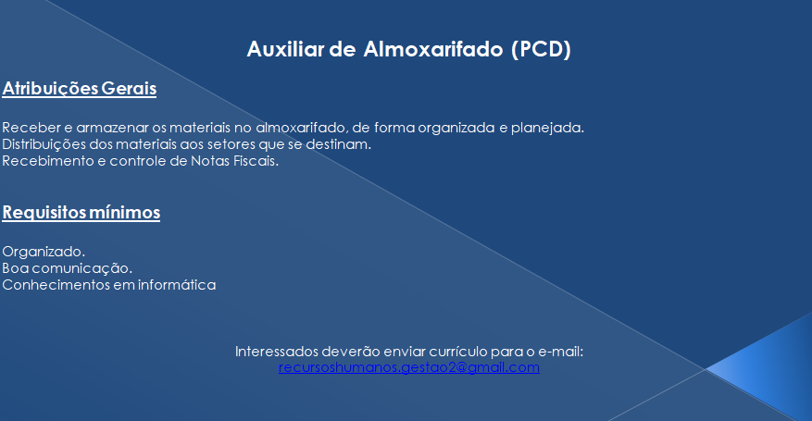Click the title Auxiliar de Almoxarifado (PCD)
pos(408,50)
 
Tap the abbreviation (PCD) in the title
pos(541,50)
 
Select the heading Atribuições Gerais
pos(80,89)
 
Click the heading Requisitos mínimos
pos(81,213)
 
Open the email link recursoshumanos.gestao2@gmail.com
pos(409,367)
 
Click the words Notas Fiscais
pos(234,161)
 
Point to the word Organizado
pos(44,252)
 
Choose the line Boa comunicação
pos(68,268)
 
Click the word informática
pos(177,285)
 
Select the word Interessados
pos(276,352)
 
